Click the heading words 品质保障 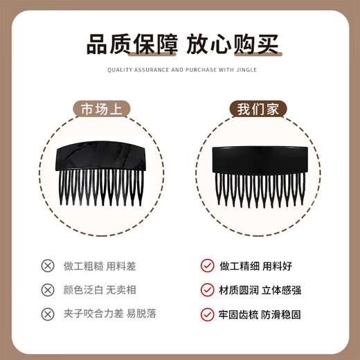click(133, 46)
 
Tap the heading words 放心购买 click(232, 46)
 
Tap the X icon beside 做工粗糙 click(48, 265)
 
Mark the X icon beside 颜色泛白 click(48, 289)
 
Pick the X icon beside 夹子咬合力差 click(48, 314)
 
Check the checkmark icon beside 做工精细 click(206, 265)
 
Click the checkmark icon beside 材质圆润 click(206, 289)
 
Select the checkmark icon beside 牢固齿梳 click(206, 314)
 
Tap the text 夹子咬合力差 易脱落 click(111, 314)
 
